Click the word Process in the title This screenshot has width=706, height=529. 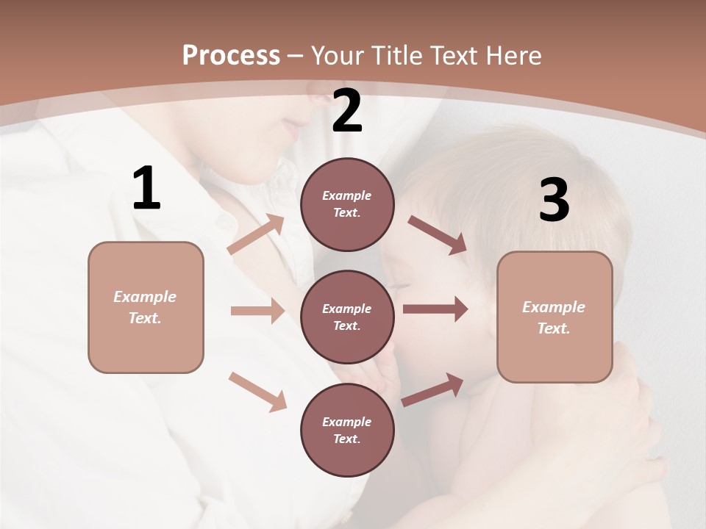point(231,56)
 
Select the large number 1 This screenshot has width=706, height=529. point(146,189)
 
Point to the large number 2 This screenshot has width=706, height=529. point(347,111)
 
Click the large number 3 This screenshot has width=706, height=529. point(555,201)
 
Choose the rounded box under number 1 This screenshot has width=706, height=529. point(146,307)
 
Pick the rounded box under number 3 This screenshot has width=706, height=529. point(555,317)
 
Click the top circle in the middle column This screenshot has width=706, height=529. point(347,204)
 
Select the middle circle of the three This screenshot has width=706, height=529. point(347,317)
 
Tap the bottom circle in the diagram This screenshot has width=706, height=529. point(347,430)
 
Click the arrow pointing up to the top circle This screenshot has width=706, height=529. point(257,234)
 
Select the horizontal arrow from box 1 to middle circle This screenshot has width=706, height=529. point(257,311)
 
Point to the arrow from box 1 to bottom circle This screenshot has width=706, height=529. point(257,391)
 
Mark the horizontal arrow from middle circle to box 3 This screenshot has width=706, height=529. point(435,309)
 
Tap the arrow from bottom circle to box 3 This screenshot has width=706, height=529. point(433,389)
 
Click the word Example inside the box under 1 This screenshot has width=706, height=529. point(145,297)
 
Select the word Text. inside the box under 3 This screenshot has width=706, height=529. point(554,328)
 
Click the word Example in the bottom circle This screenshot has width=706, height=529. point(346,422)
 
